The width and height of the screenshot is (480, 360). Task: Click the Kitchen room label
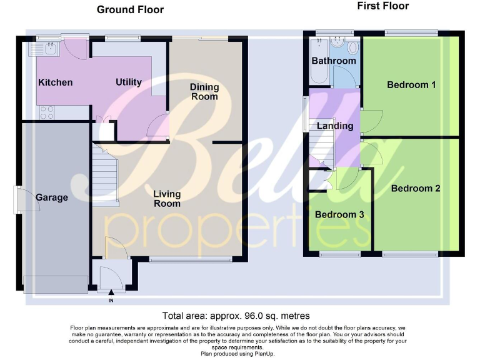click(56, 82)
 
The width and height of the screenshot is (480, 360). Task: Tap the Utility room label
click(129, 82)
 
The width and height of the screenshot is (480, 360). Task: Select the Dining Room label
click(204, 92)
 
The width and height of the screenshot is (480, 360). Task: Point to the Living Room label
click(167, 198)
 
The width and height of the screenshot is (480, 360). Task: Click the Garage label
click(51, 197)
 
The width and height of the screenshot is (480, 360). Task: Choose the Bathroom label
click(334, 61)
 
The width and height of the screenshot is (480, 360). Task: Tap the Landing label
click(336, 126)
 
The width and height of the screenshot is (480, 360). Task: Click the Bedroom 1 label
click(411, 84)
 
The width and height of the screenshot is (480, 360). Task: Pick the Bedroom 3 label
click(339, 214)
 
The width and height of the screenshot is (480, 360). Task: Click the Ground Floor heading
click(130, 9)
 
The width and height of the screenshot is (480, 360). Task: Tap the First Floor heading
click(383, 6)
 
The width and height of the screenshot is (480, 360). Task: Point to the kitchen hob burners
click(47, 112)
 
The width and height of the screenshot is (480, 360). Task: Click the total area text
click(236, 316)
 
